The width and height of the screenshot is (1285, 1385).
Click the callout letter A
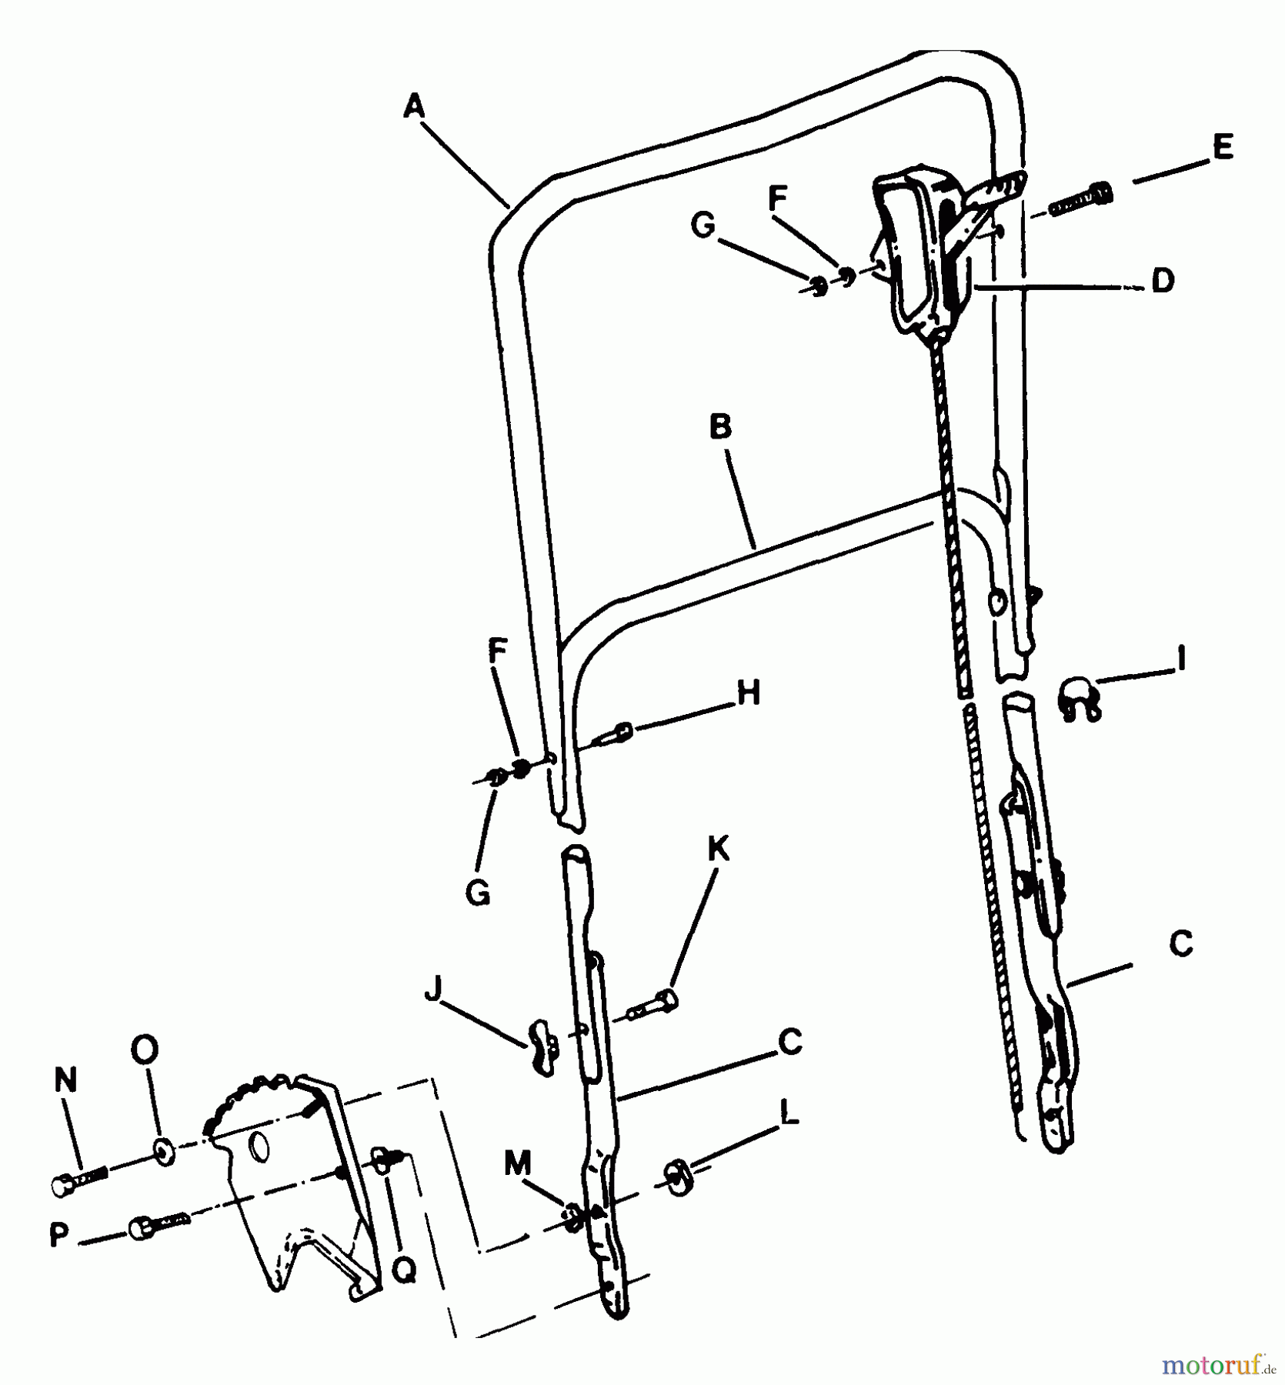(x=413, y=106)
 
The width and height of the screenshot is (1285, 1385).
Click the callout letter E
(x=1221, y=146)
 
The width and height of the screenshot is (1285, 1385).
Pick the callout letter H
(x=748, y=692)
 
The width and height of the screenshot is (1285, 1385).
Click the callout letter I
(x=1181, y=659)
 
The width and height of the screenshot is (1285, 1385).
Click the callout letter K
(x=718, y=849)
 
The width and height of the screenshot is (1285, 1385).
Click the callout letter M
(x=518, y=1164)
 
